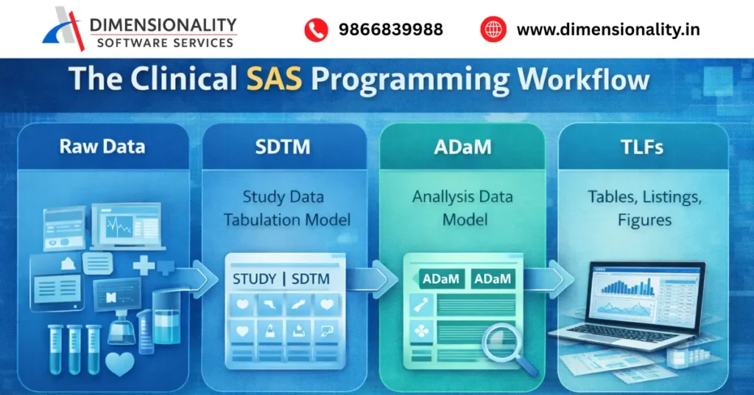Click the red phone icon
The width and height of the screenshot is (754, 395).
(x=316, y=29)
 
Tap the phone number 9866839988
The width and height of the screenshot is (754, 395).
(x=391, y=29)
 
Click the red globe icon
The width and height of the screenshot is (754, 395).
(x=493, y=29)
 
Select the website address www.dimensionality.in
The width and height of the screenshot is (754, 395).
(x=608, y=29)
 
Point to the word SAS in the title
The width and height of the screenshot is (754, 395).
(x=277, y=80)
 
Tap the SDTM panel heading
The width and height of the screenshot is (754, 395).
(x=283, y=147)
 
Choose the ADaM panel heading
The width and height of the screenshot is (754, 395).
(x=462, y=147)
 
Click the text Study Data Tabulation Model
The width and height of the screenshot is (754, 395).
(x=283, y=208)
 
